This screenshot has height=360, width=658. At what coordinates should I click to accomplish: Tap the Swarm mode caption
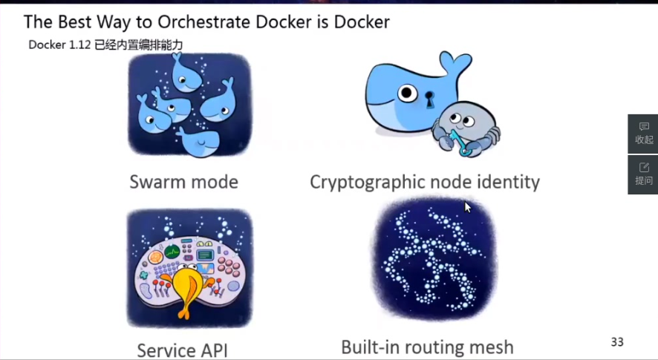(x=183, y=182)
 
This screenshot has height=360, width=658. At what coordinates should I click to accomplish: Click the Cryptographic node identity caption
(x=425, y=182)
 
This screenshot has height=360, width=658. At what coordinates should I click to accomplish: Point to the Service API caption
(x=182, y=350)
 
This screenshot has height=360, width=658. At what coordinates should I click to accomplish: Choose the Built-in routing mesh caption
(x=427, y=347)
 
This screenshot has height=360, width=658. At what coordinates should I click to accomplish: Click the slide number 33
(x=617, y=342)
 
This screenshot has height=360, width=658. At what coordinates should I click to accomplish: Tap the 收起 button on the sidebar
(x=643, y=133)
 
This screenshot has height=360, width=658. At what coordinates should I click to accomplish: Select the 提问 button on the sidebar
(x=643, y=174)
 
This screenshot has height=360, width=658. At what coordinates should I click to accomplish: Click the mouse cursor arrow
(x=467, y=206)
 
